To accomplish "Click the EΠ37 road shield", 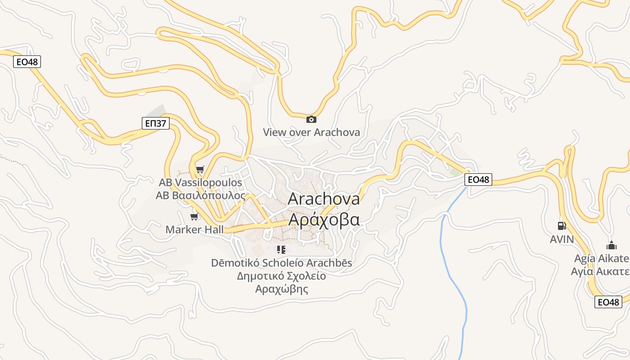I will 155,123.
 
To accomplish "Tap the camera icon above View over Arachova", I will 311,119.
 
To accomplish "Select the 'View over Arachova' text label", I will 311,132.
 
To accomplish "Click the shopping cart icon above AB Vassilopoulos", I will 200,170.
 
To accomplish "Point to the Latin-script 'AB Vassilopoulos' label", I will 200,183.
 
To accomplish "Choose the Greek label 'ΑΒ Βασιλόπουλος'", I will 200,196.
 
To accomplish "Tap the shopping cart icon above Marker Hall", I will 194,217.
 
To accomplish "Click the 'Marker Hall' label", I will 194,229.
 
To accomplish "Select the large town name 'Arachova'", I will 324,199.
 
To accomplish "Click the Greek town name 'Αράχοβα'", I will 324,220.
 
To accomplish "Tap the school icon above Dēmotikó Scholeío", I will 281,249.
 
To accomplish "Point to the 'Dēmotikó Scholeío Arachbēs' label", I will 281,263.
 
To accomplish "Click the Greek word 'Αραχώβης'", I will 281,289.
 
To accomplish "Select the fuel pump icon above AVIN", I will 562,226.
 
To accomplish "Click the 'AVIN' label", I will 562,239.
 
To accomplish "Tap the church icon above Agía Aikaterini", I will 611,246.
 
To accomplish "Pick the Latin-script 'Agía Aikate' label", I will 601,259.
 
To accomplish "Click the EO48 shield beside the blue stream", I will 478,180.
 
